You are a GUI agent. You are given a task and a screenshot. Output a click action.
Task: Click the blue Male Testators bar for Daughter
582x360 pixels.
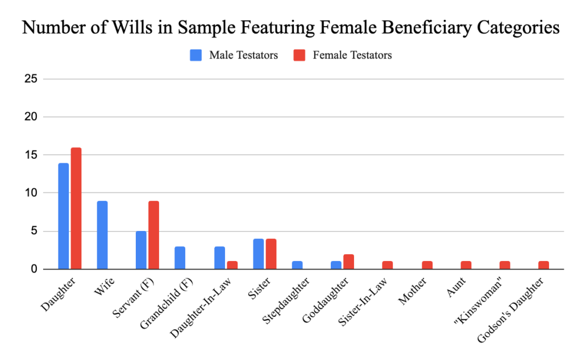(x=63, y=216)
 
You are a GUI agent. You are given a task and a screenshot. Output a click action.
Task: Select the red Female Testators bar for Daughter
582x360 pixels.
(x=76, y=208)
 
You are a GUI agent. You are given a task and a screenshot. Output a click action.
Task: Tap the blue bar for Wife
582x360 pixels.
(x=102, y=235)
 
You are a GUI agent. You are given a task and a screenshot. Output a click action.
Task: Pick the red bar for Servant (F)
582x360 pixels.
(x=154, y=235)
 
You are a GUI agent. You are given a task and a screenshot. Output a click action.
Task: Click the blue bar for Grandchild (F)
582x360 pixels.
(x=180, y=258)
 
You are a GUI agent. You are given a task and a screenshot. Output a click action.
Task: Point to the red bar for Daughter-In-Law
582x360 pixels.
(x=232, y=265)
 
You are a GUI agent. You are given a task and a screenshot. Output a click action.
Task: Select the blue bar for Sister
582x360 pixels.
(x=258, y=254)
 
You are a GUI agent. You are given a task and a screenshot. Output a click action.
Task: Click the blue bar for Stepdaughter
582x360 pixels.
(x=297, y=265)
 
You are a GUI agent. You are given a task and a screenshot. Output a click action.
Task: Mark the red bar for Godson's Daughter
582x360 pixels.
(x=543, y=265)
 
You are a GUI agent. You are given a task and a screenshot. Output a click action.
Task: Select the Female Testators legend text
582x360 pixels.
(x=352, y=56)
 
